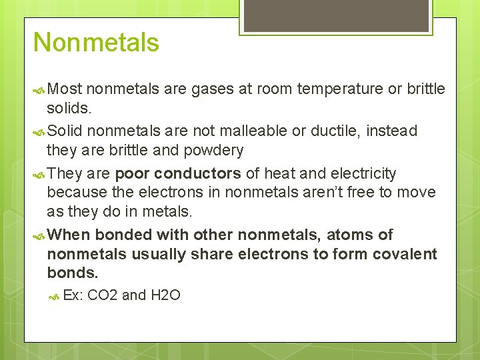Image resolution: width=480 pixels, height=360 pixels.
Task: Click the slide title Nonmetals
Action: pyautogui.click(x=96, y=43)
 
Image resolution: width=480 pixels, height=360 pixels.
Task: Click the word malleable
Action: pyautogui.click(x=255, y=131)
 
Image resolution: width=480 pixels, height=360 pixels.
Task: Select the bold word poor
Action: pyautogui.click(x=133, y=174)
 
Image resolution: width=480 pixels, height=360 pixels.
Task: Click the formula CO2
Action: pyautogui.click(x=103, y=295)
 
